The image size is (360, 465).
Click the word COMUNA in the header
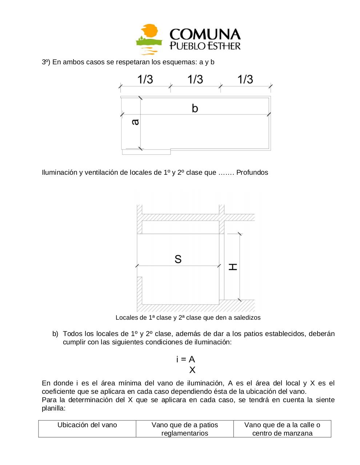[x=205, y=35]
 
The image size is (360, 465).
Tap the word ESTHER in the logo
[x=222, y=46]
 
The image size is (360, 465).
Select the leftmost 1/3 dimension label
[x=145, y=79]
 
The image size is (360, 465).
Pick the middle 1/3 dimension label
[x=195, y=79]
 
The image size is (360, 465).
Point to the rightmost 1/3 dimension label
[x=245, y=79]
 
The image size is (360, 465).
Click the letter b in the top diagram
[x=195, y=108]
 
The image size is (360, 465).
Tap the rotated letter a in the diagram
[x=135, y=122]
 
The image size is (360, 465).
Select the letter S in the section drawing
[x=178, y=259]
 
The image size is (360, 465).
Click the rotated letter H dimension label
[x=233, y=267]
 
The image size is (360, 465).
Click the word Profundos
[x=252, y=173]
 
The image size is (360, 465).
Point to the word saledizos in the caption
[x=247, y=318]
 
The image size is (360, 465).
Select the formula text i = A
[x=185, y=359]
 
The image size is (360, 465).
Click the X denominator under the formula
[x=192, y=370]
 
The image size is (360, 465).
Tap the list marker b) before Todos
[x=55, y=333]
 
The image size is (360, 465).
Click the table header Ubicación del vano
[x=87, y=425]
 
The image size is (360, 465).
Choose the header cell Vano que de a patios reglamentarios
[x=185, y=429]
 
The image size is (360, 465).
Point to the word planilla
[x=53, y=408]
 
